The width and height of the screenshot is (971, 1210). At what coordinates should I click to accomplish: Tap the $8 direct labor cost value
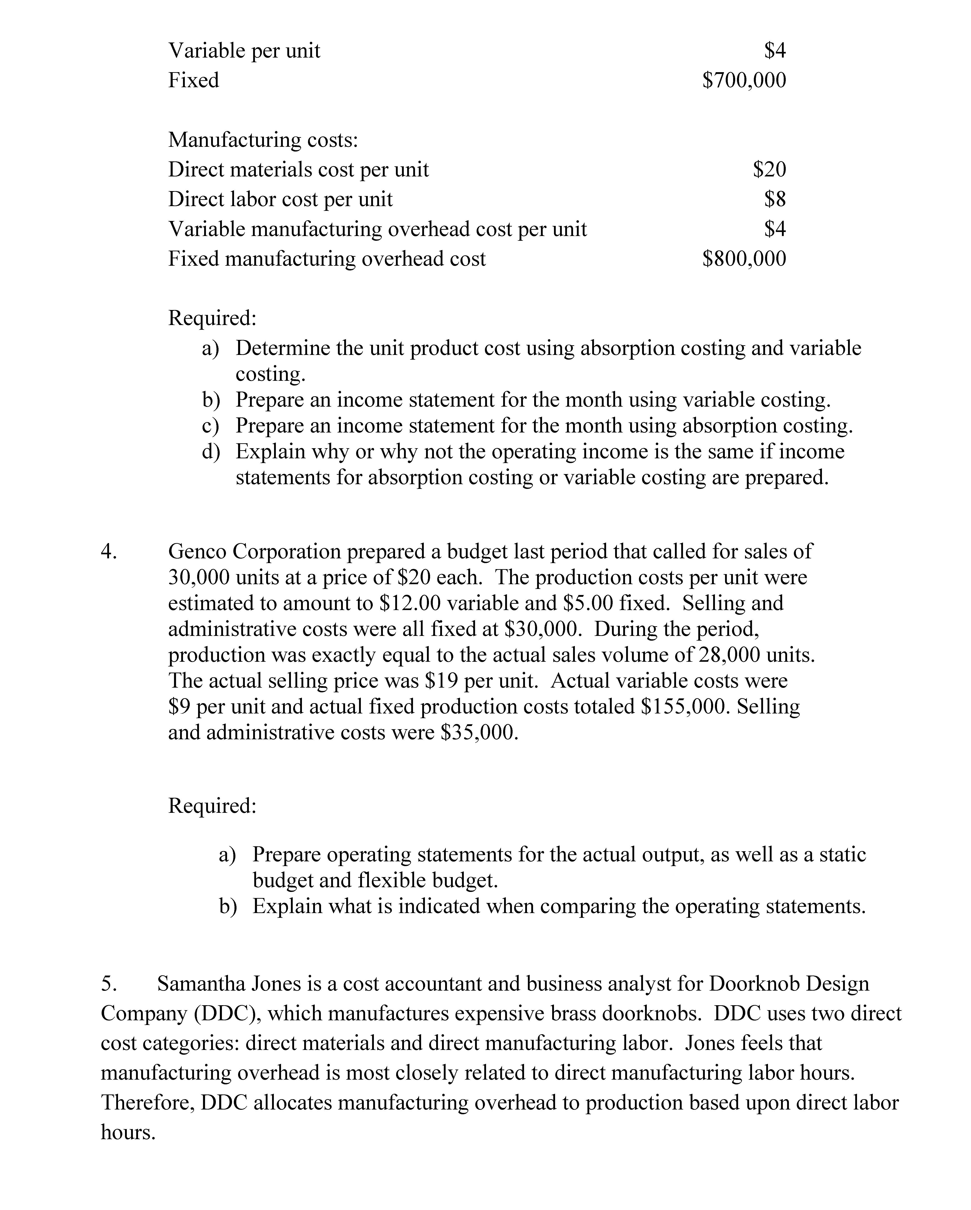(775, 199)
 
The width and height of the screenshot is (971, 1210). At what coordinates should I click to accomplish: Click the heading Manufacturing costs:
(263, 140)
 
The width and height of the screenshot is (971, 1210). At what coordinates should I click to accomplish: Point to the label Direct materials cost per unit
(298, 169)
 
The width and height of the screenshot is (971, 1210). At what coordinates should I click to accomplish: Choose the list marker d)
(211, 452)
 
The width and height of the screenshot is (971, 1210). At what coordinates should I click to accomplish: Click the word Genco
(197, 552)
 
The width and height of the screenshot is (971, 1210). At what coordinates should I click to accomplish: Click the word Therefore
(148, 1103)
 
